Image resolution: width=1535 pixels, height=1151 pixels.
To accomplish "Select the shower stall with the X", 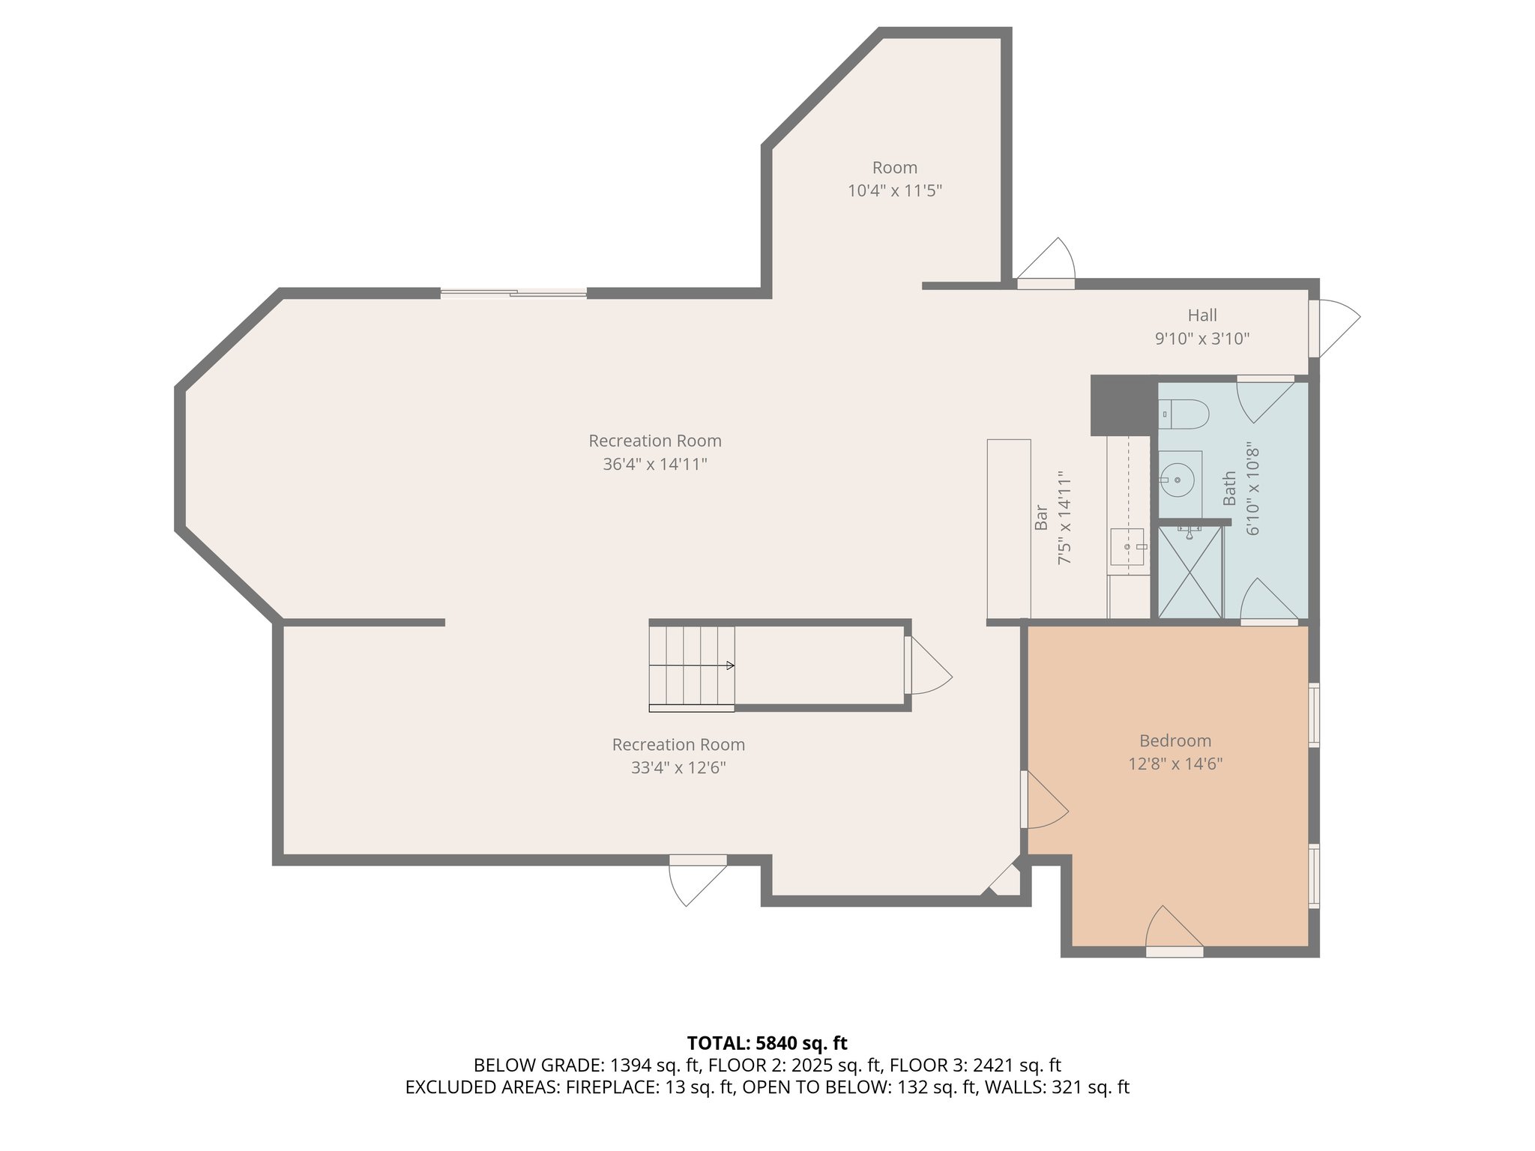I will [x=1190, y=573].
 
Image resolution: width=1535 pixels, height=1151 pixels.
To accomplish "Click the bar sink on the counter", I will [x=1127, y=547].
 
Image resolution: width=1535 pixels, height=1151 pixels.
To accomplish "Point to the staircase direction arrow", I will [x=693, y=665].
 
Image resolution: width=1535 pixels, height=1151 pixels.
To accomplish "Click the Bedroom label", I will [x=1175, y=741].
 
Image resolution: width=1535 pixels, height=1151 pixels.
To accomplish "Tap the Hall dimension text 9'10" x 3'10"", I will [x=1202, y=339].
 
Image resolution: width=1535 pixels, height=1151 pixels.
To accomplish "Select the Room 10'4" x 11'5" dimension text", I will [x=894, y=190].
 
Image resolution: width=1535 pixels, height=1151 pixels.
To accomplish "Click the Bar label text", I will [x=1041, y=518].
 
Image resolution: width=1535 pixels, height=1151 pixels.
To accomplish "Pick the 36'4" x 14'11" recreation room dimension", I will [x=655, y=465].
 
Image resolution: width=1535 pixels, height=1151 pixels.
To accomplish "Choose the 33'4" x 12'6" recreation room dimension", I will [x=678, y=768].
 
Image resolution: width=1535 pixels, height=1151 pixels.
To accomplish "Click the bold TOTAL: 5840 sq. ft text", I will [x=767, y=1043].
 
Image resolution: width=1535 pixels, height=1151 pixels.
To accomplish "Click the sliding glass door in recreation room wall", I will [x=513, y=293].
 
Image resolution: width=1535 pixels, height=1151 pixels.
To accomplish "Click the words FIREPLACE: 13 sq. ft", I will [x=649, y=1087].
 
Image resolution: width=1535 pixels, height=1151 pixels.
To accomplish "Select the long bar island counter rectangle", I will [x=1009, y=529].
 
